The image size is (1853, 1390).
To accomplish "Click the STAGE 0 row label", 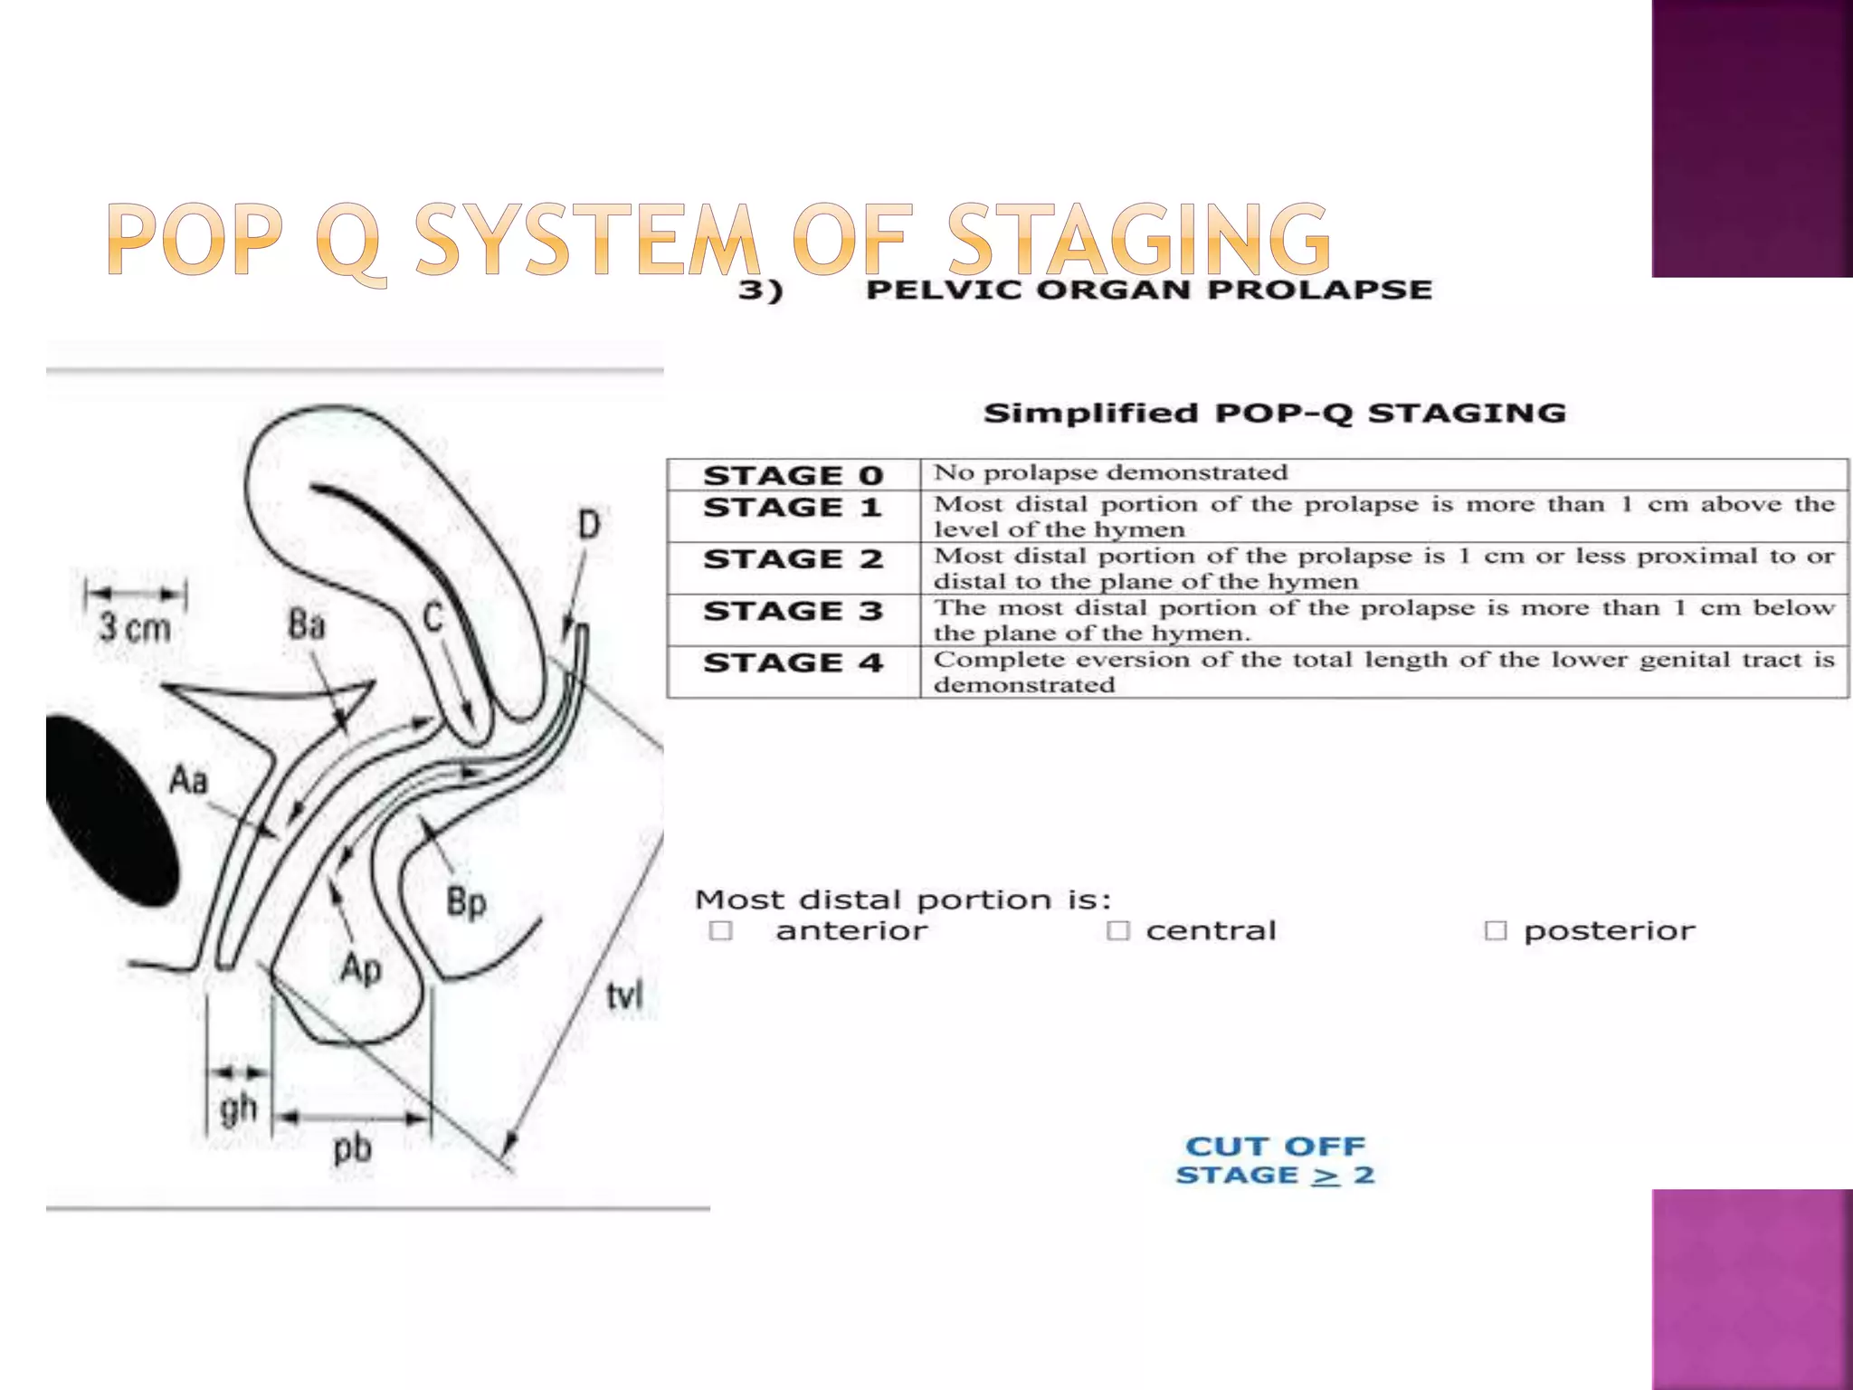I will pos(793,475).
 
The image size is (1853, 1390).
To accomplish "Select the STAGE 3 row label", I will pos(793,611).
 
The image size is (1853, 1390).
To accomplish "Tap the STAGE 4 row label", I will pos(793,662).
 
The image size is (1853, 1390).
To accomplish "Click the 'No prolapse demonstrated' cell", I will pos(1110,472).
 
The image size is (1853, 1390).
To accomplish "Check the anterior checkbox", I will pos(721,930).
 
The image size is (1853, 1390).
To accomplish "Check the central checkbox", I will pos(1118,930).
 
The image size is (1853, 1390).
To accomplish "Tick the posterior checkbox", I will pos(1496,930).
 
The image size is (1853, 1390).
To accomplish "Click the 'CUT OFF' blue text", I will pos(1275,1147).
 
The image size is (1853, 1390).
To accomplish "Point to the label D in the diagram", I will pos(588,524).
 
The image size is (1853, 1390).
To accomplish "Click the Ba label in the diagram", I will pos(306,624).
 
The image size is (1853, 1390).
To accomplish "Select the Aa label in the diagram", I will pos(188,779).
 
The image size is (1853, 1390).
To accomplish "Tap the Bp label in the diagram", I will pos(466,902).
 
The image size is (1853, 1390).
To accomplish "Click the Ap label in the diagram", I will pos(360,969).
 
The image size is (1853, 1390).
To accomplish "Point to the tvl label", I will pos(623,995).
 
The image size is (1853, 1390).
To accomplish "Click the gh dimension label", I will pos(238,1109).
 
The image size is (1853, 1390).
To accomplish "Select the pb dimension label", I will pos(352,1149).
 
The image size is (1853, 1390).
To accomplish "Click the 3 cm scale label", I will pos(134,626).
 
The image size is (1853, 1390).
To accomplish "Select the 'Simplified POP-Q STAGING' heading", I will pos(1274,414).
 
